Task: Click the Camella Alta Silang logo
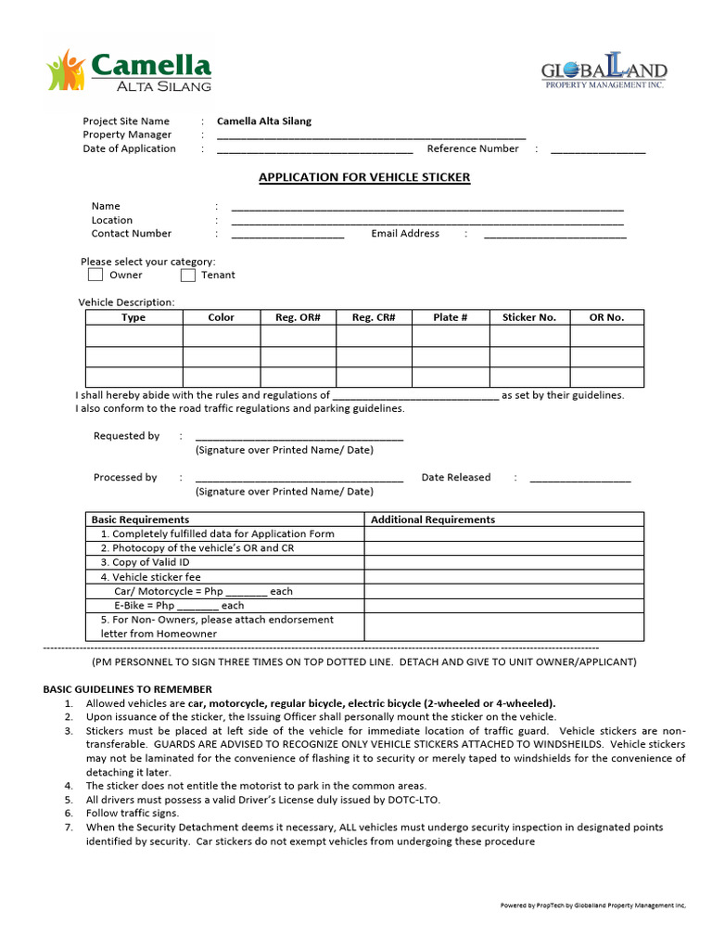129,71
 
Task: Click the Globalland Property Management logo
604,72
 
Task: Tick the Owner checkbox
95,275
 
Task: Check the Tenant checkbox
188,275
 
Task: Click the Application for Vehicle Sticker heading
363,177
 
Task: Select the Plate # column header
450,317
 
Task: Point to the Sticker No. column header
528,317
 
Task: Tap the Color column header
221,317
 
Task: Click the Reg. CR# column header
373,317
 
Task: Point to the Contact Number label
131,234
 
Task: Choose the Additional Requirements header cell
433,520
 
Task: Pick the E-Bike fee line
178,605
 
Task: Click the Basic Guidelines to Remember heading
127,689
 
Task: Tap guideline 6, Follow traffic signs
132,813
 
